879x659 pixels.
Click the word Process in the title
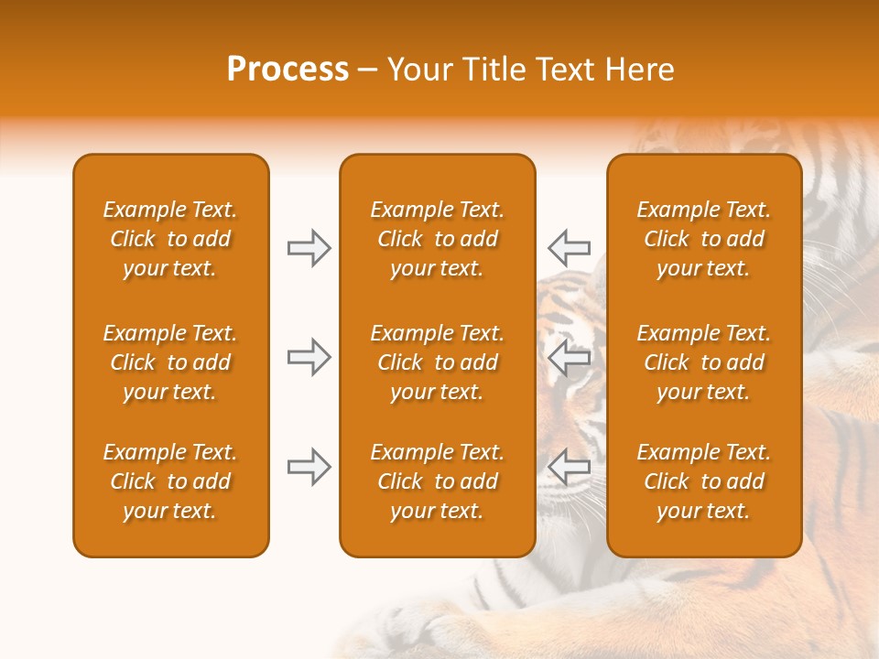(288, 70)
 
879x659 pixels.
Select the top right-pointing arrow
(309, 248)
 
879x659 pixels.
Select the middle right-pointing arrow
(309, 357)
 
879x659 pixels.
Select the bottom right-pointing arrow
(309, 468)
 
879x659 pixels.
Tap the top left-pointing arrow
(570, 247)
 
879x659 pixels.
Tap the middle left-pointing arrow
(570, 357)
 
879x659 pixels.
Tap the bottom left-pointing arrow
(570, 468)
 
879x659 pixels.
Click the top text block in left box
(170, 239)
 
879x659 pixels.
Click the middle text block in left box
(170, 362)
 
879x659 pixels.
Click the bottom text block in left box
(170, 481)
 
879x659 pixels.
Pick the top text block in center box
(437, 239)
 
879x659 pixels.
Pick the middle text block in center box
(437, 362)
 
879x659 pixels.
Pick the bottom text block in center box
(437, 481)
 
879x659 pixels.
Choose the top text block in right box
(703, 239)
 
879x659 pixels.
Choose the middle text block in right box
(703, 362)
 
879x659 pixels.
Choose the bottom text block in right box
(703, 481)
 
